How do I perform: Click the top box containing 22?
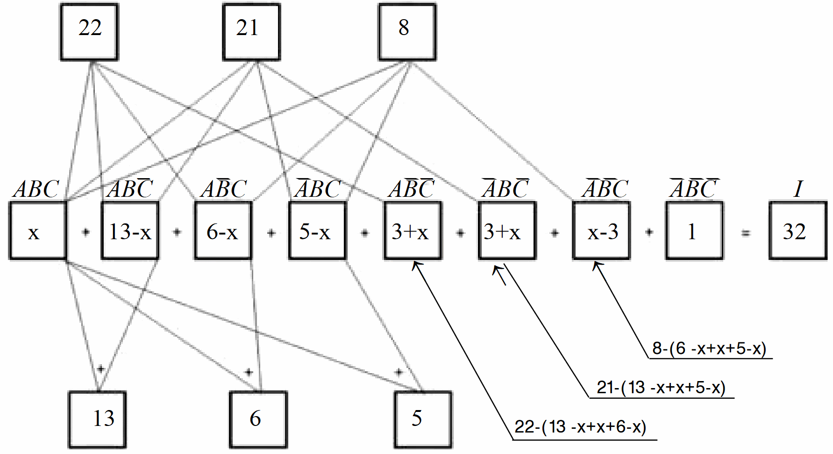tap(89, 32)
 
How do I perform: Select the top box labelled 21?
tap(251, 32)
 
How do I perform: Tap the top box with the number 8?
tap(407, 32)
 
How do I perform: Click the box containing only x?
tap(38, 231)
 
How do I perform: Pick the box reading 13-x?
tap(130, 231)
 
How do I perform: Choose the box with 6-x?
tap(223, 231)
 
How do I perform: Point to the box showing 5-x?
tap(317, 231)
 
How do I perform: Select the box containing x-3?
tap(601, 231)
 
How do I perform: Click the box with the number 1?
tap(694, 231)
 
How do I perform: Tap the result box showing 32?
tap(797, 231)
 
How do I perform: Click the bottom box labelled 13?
tap(98, 419)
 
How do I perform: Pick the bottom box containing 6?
tap(258, 419)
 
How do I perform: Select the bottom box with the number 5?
tap(423, 419)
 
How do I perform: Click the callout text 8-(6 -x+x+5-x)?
tap(709, 349)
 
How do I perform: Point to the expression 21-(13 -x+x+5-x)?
tap(661, 388)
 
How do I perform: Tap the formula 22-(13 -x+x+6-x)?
tap(580, 427)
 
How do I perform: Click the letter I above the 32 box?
tap(798, 189)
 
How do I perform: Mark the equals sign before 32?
tap(746, 232)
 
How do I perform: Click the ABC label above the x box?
tap(36, 189)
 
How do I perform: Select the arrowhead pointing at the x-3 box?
tap(597, 266)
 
